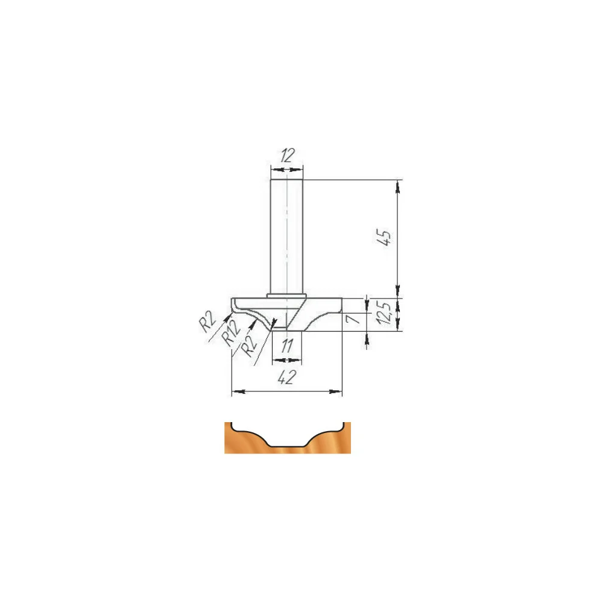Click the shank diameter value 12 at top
pos(287,156)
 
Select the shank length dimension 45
pos(384,237)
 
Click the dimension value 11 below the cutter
pos(287,346)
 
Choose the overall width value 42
pos(287,377)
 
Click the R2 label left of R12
pos(208,321)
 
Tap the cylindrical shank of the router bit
pos(287,237)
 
